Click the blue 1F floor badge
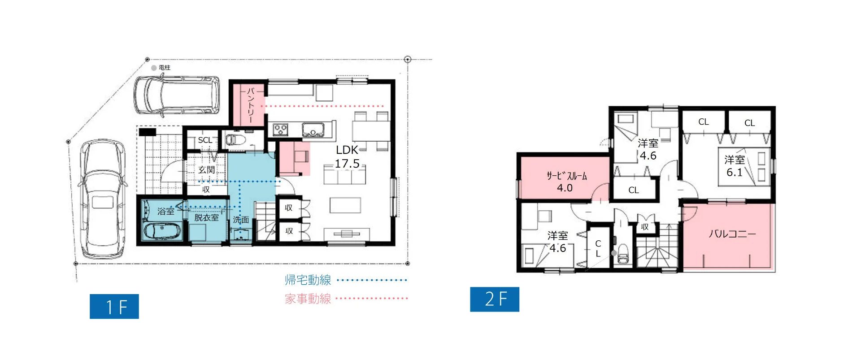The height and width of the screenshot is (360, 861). [114, 306]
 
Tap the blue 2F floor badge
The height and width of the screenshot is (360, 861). [495, 299]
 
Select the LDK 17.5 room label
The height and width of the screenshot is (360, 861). [347, 156]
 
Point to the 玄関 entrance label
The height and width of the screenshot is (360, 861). [206, 170]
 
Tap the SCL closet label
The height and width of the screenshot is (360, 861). [205, 140]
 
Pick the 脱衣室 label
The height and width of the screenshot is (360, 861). [206, 217]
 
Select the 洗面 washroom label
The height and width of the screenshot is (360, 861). [241, 220]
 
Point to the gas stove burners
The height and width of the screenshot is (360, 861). [281, 130]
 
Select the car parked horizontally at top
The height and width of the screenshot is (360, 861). [177, 95]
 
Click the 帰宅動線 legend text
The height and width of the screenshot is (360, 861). [308, 280]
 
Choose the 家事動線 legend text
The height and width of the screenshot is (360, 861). [308, 299]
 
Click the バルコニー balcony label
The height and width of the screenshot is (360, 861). [732, 234]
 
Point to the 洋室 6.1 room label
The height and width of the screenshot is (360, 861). [735, 166]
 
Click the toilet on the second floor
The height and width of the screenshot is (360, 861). [623, 255]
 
